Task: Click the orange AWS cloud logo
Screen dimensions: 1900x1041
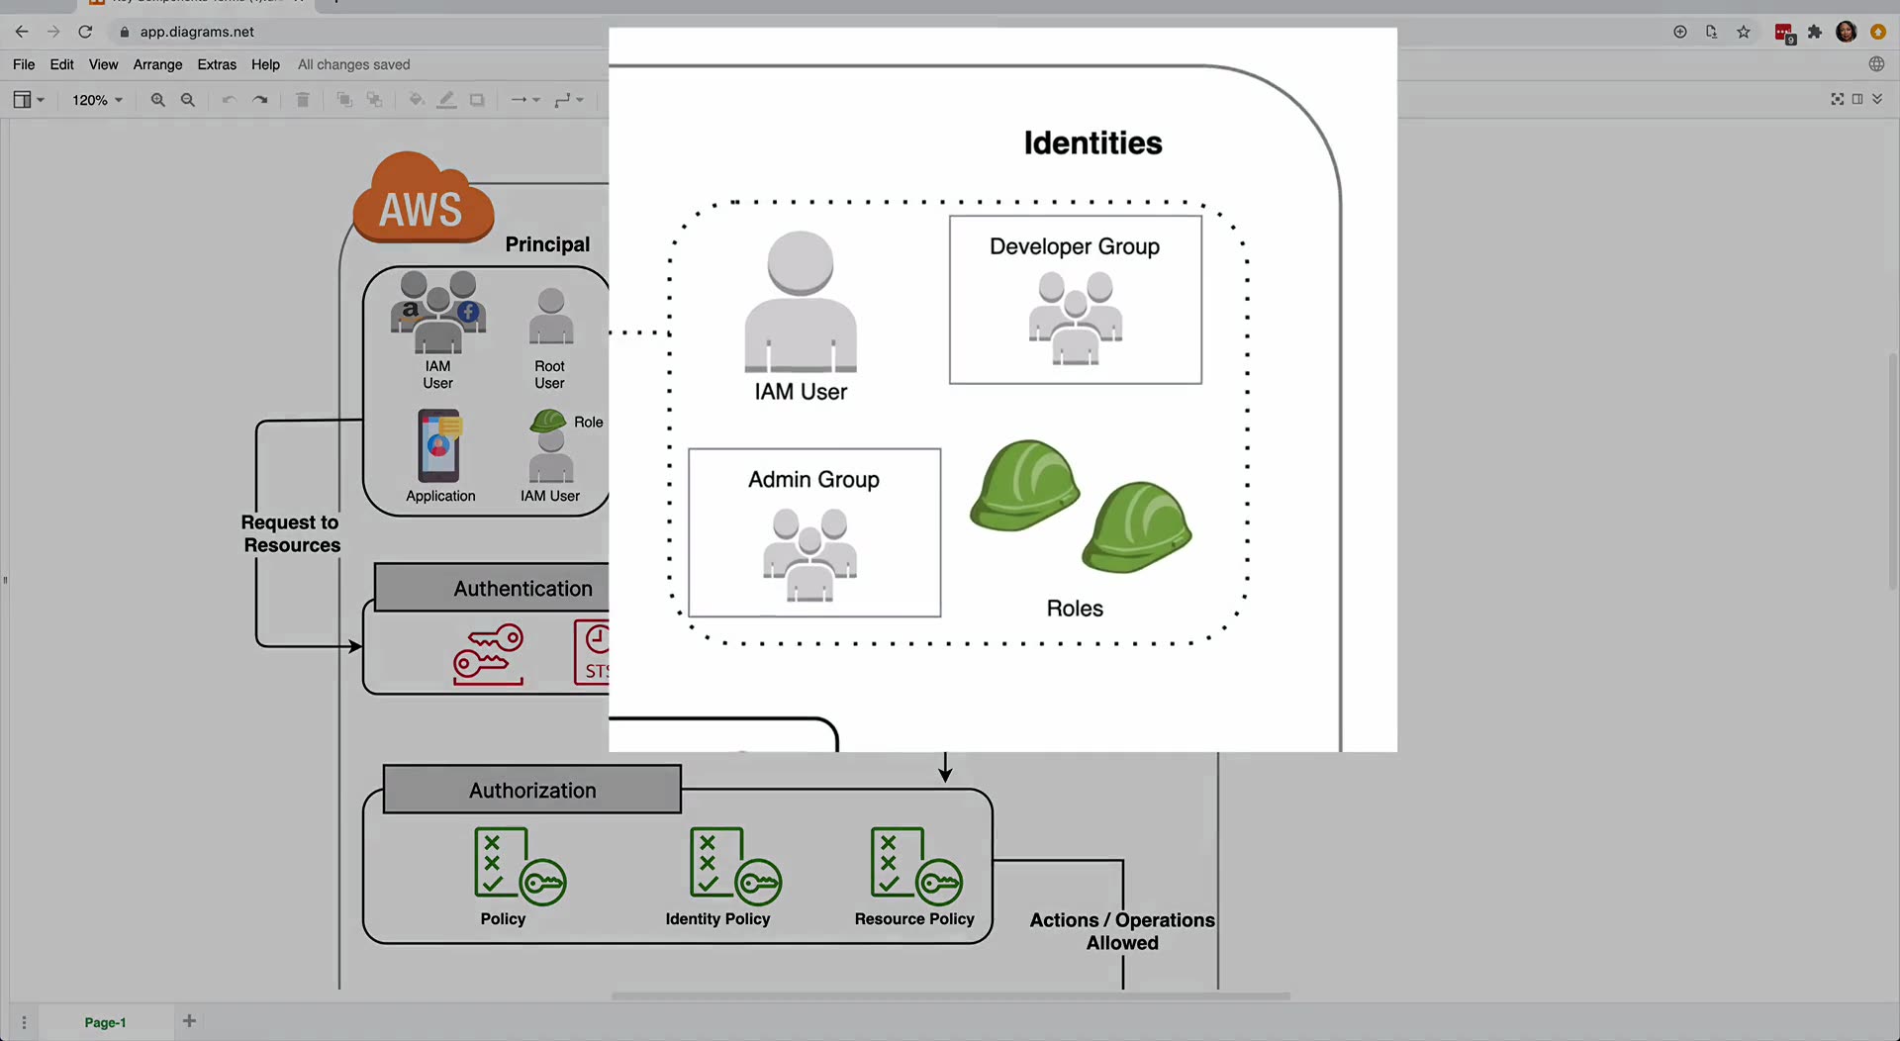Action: [x=424, y=198]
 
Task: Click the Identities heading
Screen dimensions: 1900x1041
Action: [x=1092, y=143]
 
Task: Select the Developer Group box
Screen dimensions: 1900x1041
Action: [x=1076, y=300]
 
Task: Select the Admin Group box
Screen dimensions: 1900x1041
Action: [x=814, y=532]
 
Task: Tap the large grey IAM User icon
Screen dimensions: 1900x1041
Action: [x=801, y=302]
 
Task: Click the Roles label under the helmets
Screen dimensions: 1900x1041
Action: [x=1075, y=609]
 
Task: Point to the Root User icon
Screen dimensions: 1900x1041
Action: [x=551, y=317]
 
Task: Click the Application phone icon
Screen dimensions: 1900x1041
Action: [x=439, y=445]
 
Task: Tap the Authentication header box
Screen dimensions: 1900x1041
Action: [x=492, y=588]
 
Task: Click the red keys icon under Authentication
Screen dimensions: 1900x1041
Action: [x=488, y=654]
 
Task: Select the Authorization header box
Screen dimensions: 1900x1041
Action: [x=532, y=790]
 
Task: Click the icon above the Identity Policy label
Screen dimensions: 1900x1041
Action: [x=735, y=866]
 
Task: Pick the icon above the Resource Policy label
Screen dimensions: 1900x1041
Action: [x=916, y=866]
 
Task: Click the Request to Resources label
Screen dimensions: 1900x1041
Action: [x=291, y=533]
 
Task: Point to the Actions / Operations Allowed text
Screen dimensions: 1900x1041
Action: [x=1122, y=931]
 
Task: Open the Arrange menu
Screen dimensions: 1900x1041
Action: [x=158, y=64]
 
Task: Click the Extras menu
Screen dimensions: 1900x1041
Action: [x=217, y=64]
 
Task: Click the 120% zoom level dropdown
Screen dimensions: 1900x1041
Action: [x=97, y=100]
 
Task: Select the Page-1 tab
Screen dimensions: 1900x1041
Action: [x=105, y=1022]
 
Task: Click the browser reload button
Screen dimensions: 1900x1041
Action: [x=85, y=32]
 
